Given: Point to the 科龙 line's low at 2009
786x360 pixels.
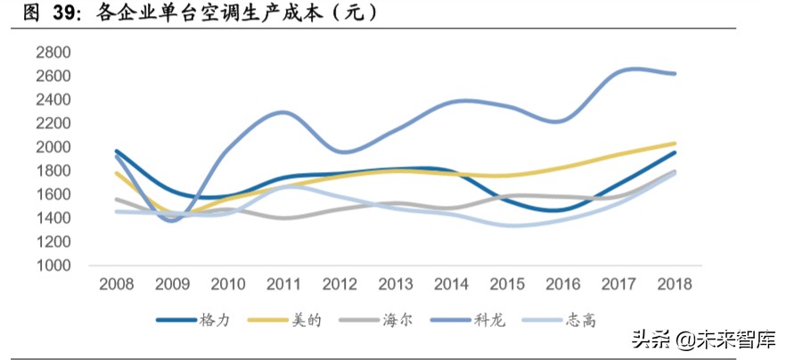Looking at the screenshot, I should tap(173, 219).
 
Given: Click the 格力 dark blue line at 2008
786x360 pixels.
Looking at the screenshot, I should tap(117, 151).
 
